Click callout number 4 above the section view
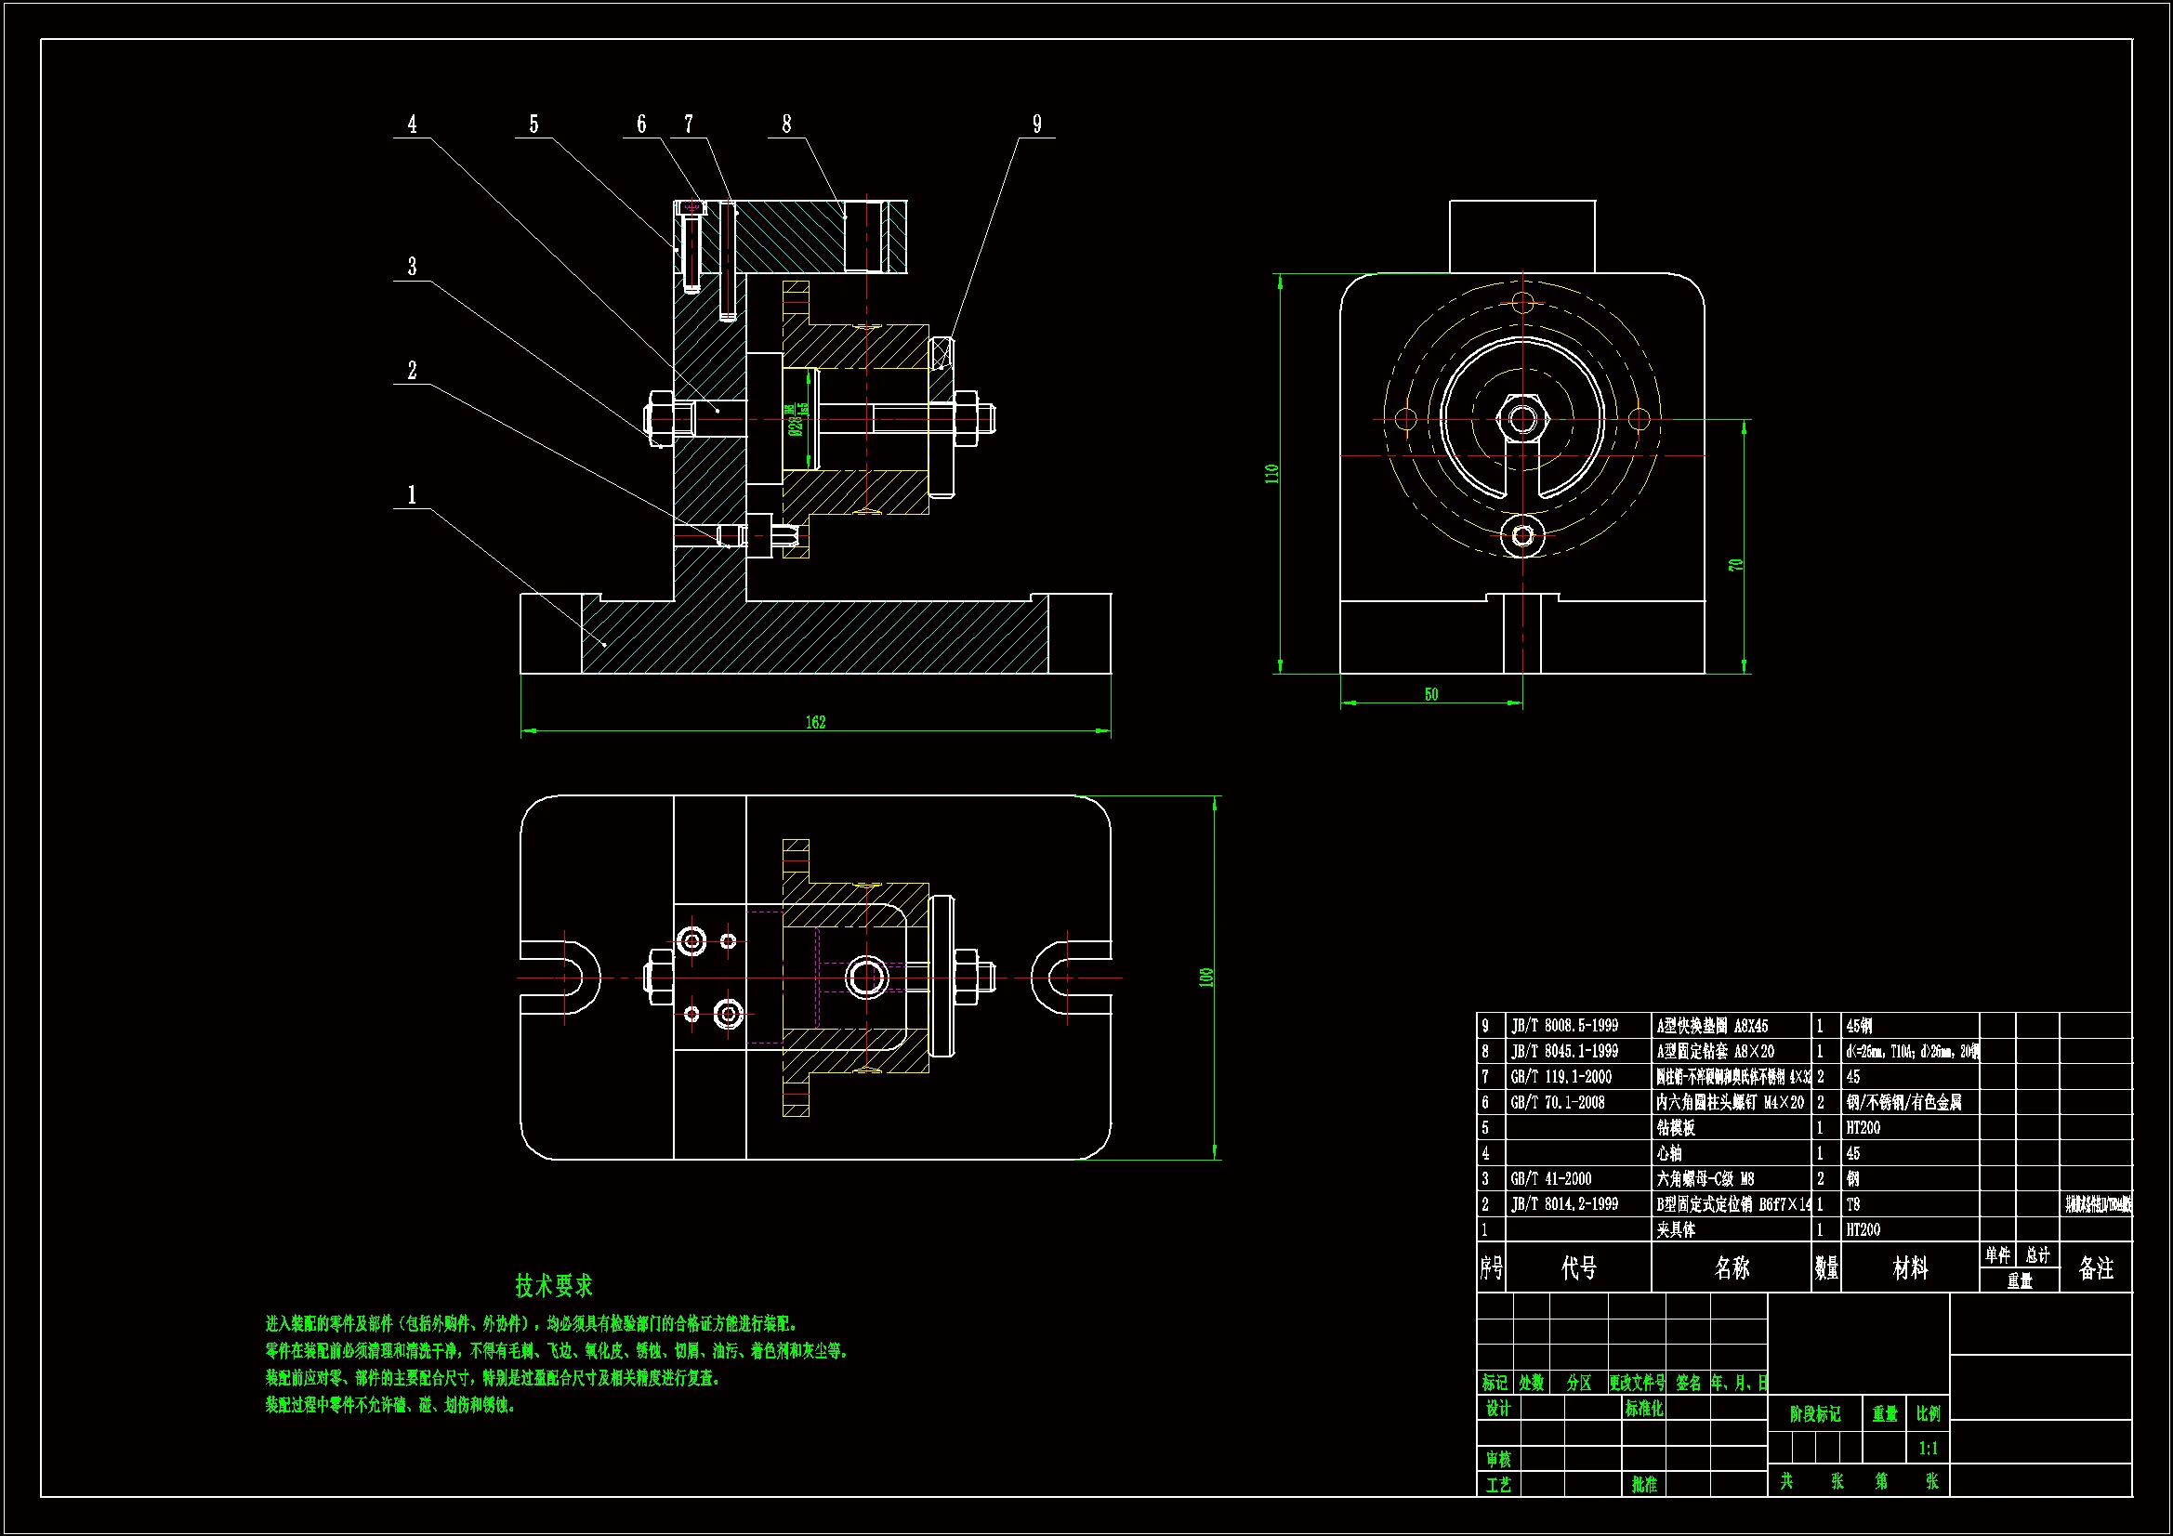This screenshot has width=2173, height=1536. (412, 124)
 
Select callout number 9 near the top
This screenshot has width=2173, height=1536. (1036, 124)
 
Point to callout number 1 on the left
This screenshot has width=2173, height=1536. (412, 494)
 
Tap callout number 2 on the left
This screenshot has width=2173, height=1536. (412, 370)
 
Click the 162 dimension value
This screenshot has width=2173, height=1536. (815, 722)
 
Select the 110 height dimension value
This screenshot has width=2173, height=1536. (1271, 473)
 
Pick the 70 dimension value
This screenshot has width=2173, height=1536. (1735, 564)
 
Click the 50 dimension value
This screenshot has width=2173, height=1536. (1431, 695)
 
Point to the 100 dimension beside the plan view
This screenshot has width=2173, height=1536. (1205, 977)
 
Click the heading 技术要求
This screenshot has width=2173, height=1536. (554, 1285)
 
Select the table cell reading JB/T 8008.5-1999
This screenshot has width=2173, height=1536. (1564, 1026)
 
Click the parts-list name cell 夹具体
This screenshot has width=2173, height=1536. (1675, 1229)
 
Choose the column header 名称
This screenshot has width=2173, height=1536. (1731, 1268)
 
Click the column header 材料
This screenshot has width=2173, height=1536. (1909, 1268)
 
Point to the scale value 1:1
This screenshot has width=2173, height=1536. (1928, 1448)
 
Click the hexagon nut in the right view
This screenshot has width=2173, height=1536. (1521, 417)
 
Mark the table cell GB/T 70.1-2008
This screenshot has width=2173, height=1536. (1558, 1103)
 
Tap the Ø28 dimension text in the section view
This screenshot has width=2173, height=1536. (796, 419)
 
